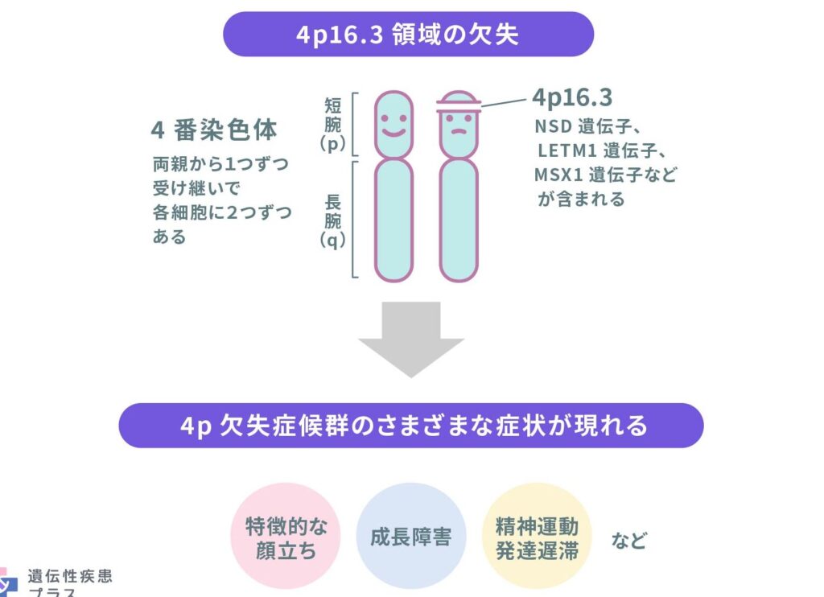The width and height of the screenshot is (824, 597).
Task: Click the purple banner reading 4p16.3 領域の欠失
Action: click(x=408, y=34)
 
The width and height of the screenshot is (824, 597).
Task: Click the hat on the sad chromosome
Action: click(x=459, y=102)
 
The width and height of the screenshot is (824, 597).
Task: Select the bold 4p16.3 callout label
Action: click(x=572, y=97)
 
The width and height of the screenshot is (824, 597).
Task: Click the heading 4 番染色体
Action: click(x=214, y=130)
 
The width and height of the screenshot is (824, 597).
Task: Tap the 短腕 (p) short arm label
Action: click(x=332, y=125)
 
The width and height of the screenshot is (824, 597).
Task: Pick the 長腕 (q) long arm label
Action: click(x=332, y=220)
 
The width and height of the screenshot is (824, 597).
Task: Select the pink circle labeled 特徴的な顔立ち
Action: click(x=286, y=536)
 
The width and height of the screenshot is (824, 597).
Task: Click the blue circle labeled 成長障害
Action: click(x=411, y=536)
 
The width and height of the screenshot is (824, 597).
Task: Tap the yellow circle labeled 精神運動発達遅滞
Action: click(x=537, y=536)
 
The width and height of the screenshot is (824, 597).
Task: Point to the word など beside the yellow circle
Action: click(x=629, y=540)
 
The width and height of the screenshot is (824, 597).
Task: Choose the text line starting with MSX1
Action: click(x=605, y=175)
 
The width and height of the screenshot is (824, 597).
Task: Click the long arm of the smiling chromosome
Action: click(x=393, y=220)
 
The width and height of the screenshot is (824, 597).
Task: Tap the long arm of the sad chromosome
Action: click(x=459, y=220)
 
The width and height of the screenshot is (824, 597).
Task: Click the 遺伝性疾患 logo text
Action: click(x=70, y=577)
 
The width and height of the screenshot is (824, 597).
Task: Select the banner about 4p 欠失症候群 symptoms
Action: click(x=411, y=426)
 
